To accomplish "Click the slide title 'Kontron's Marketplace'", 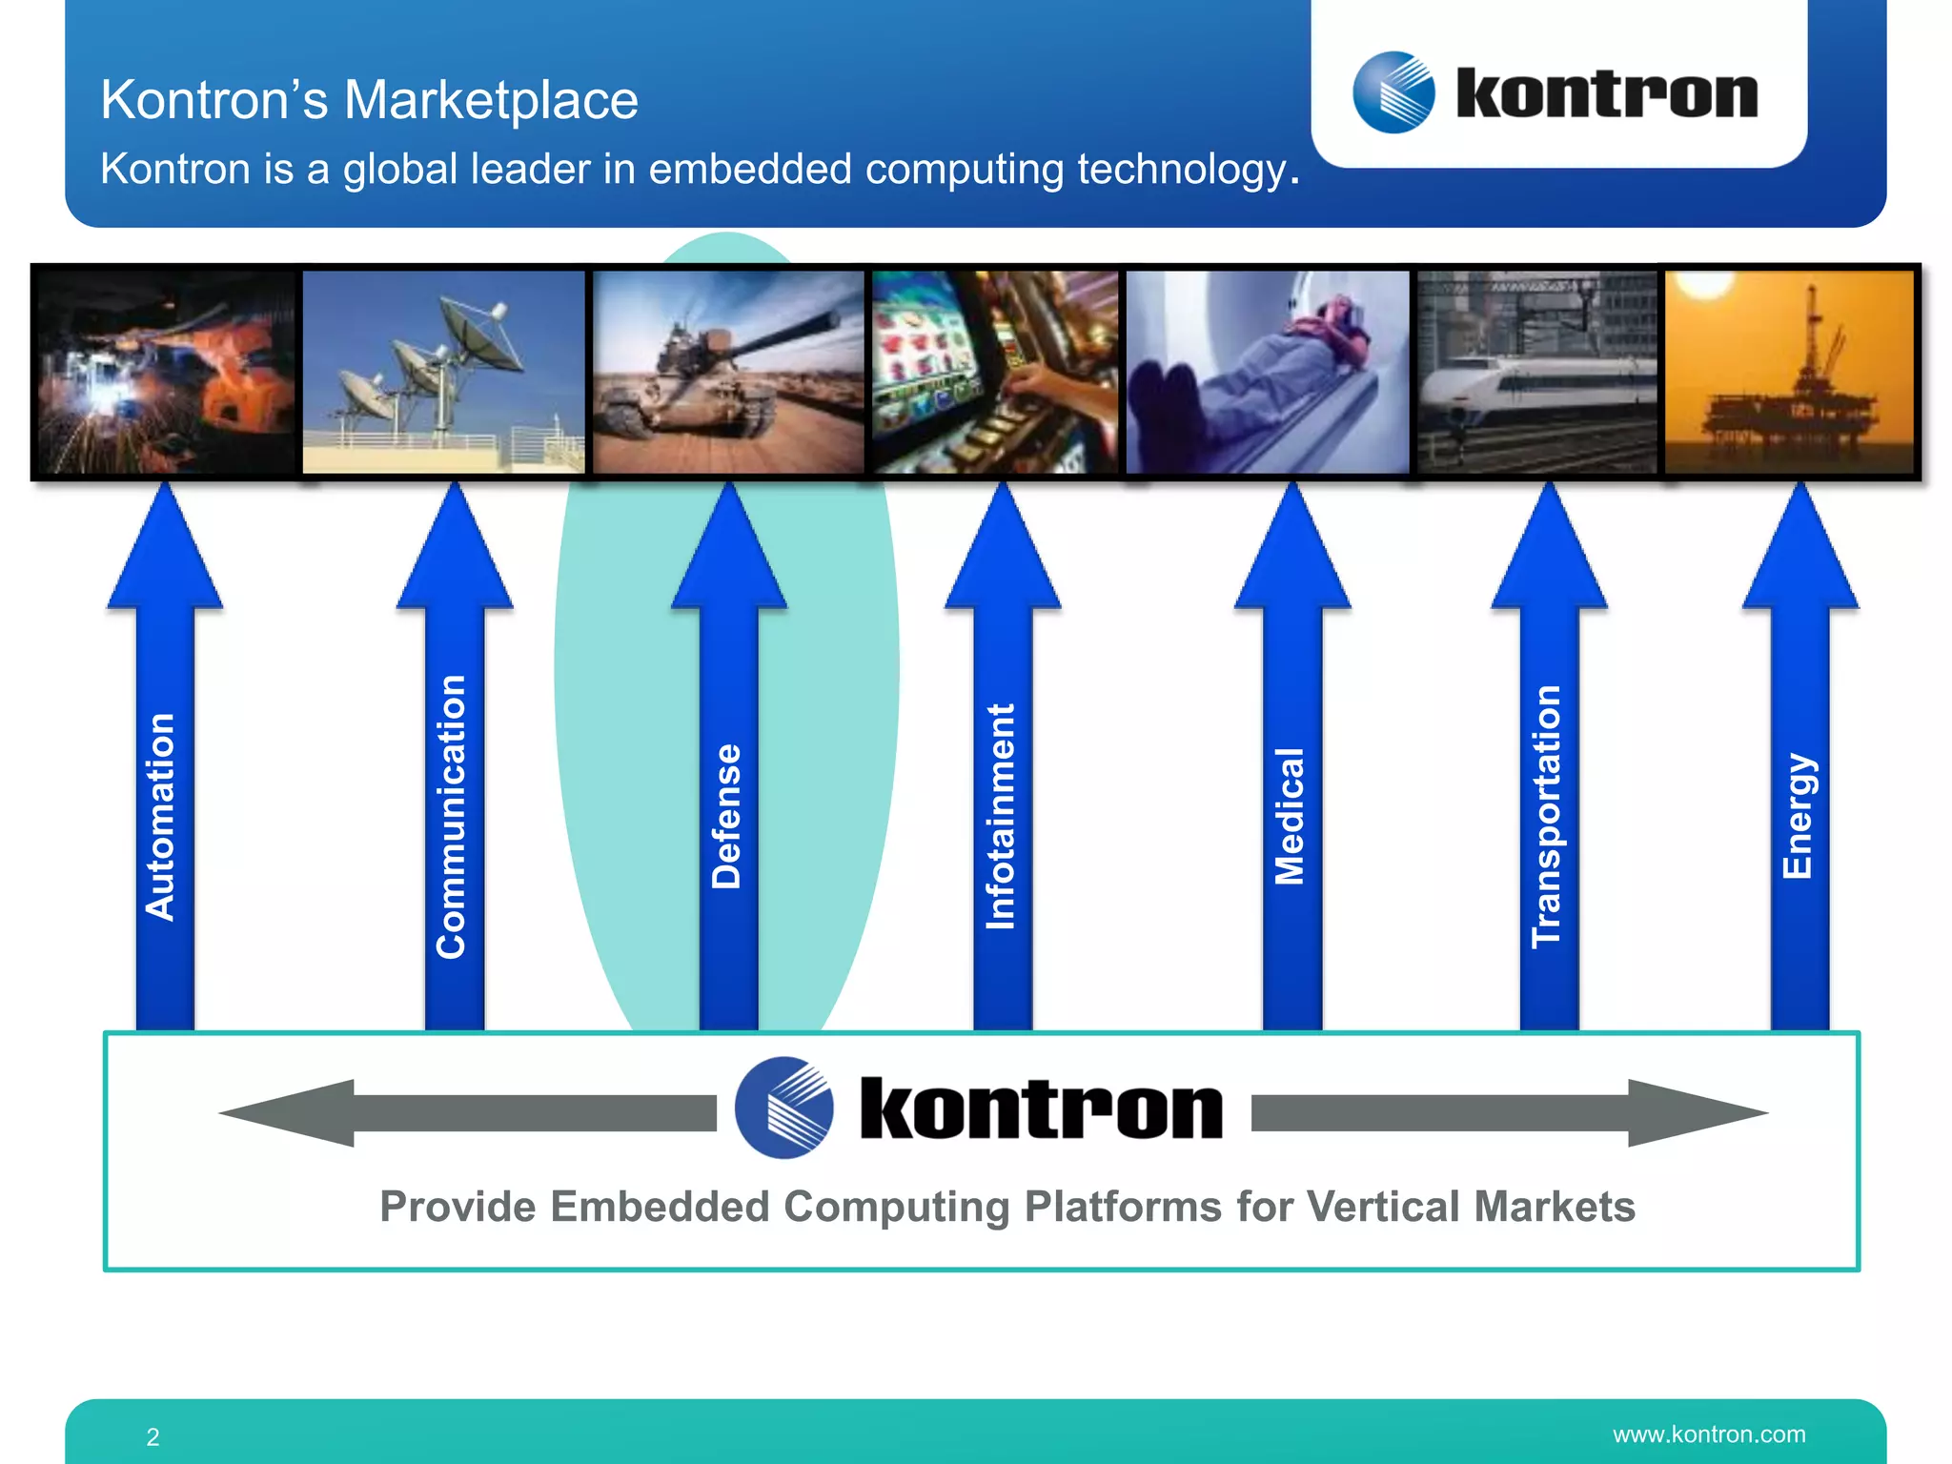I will click(369, 100).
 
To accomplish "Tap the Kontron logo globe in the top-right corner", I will click(1393, 92).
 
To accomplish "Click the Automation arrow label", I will click(160, 817).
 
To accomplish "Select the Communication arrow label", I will click(451, 817).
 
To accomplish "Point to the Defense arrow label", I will click(726, 817).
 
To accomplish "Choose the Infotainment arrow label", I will click(1000, 817).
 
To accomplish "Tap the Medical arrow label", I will click(1290, 817).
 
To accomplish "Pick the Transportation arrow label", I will click(1546, 817).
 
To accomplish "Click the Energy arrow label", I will click(1798, 817).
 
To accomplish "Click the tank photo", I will click(728, 372).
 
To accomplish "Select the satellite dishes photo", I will click(443, 372).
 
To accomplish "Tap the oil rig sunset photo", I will click(1790, 372).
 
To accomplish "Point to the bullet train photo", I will click(1536, 372).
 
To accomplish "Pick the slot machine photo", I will click(995, 372).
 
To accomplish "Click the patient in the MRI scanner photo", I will click(1268, 372).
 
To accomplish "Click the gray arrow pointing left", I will click(467, 1112).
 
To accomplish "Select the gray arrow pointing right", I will click(1510, 1112).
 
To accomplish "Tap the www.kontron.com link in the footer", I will click(1709, 1434).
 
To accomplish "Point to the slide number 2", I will click(152, 1437).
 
